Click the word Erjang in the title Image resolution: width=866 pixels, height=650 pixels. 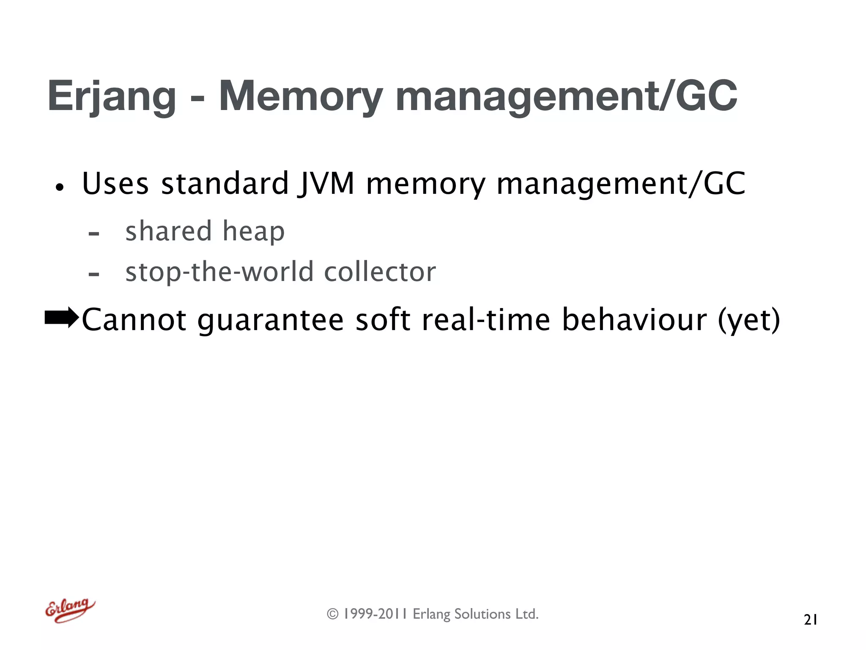click(x=112, y=96)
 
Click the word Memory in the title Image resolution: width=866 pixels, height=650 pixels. click(x=301, y=96)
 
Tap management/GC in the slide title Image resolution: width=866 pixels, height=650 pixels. click(x=566, y=96)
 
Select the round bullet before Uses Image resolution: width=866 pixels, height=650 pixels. click(x=60, y=187)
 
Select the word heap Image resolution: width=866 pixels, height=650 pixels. click(x=253, y=232)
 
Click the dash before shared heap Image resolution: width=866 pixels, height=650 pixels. click(x=94, y=234)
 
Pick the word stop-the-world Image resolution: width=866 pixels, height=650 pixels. click(x=219, y=272)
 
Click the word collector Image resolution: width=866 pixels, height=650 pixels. click(x=380, y=272)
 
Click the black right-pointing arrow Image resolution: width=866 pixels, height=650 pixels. click(x=62, y=318)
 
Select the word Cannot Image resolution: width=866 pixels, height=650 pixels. click(x=134, y=319)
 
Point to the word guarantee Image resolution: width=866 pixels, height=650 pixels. click(x=271, y=320)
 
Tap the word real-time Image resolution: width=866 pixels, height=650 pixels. click(x=486, y=319)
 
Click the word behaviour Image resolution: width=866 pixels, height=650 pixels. click(x=634, y=319)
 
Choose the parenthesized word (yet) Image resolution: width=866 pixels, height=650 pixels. click(x=749, y=320)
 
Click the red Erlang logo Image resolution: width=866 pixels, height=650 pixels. click(x=70, y=610)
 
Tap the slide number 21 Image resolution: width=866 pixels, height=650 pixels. click(x=810, y=620)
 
